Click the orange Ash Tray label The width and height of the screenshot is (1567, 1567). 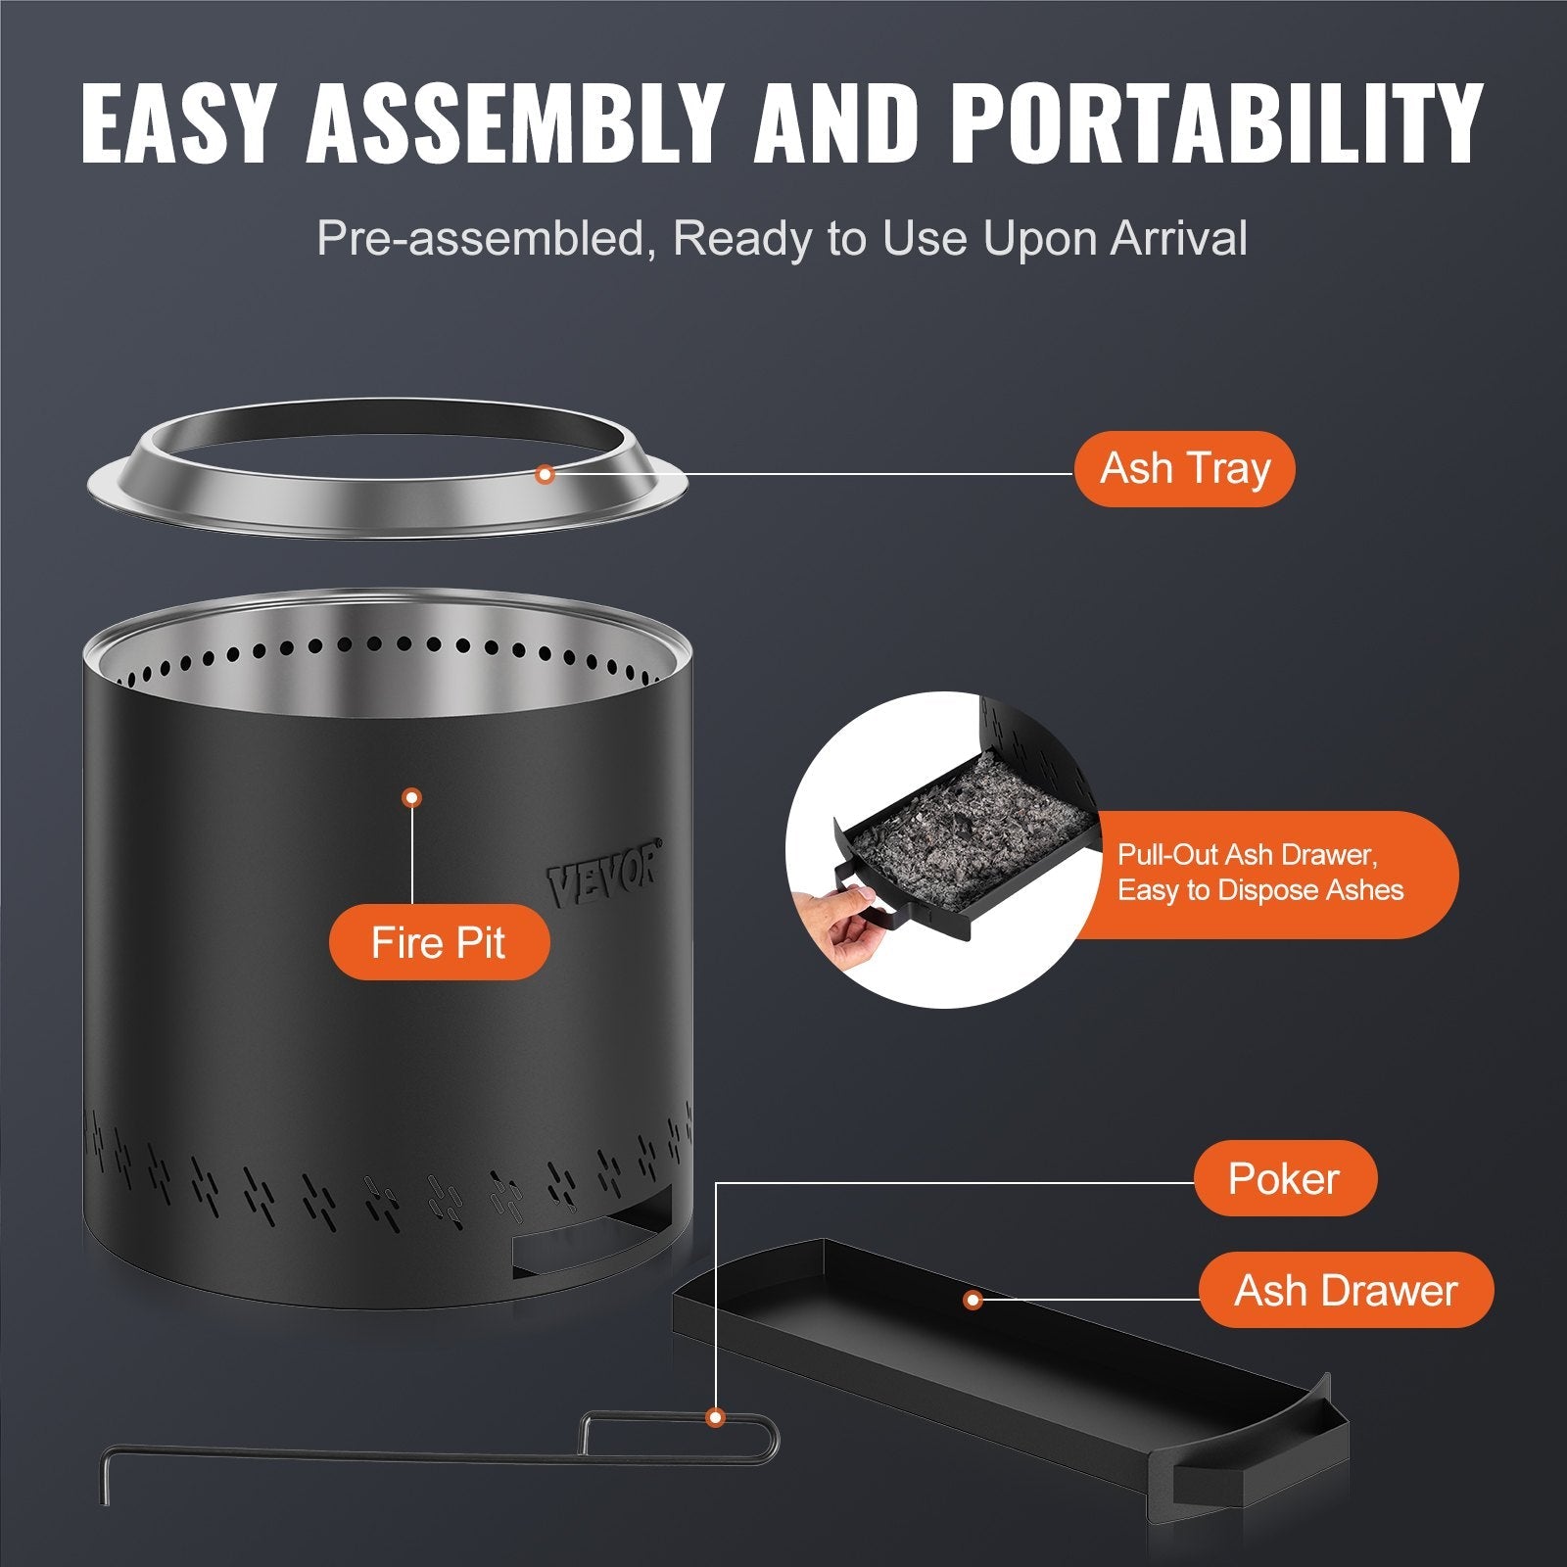(x=1184, y=469)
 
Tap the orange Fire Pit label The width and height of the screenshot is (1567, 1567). (x=438, y=942)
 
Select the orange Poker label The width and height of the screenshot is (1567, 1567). (x=1284, y=1178)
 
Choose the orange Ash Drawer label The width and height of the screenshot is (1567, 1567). (x=1346, y=1290)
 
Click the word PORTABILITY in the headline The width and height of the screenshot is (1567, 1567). (x=1213, y=123)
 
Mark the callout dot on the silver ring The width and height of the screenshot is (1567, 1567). (x=546, y=474)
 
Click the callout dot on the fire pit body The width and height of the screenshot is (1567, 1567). (x=412, y=798)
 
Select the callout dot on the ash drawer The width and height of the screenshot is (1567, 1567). (x=973, y=1300)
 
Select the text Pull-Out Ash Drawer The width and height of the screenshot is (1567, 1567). (x=1247, y=855)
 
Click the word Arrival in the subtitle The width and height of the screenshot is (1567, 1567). (x=1178, y=238)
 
